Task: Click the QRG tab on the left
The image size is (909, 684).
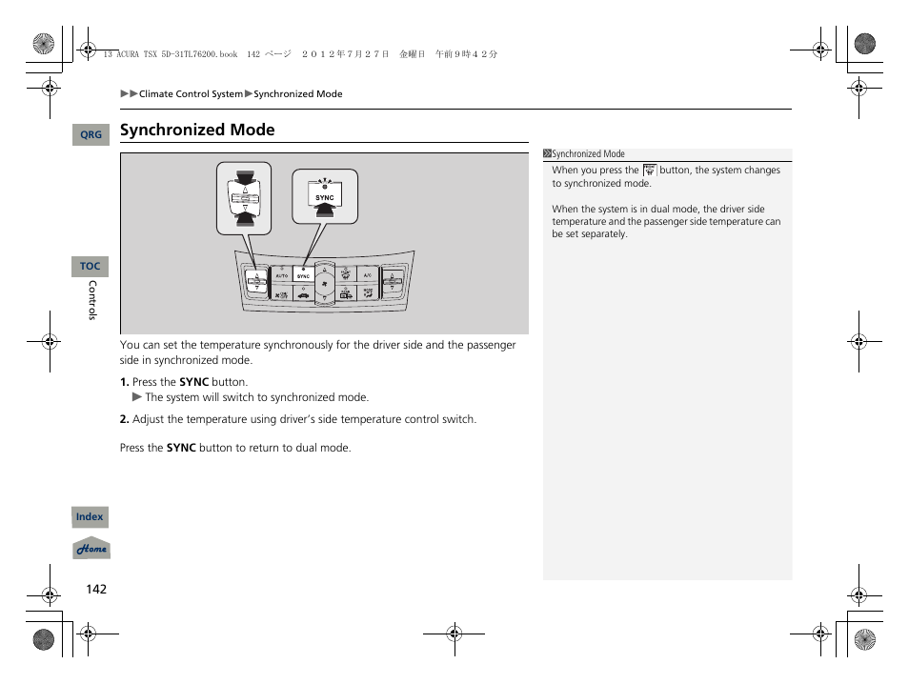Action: click(x=91, y=135)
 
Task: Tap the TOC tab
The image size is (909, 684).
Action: click(x=90, y=267)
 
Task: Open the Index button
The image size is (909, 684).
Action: click(x=90, y=517)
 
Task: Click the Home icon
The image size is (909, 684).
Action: click(x=91, y=550)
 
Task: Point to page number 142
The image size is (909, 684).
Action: click(x=96, y=589)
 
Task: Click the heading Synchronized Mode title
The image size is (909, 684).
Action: click(x=197, y=131)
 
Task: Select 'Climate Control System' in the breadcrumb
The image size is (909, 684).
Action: click(x=191, y=94)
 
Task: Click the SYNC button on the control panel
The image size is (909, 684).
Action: click(x=304, y=276)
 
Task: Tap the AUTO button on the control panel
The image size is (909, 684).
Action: click(x=281, y=276)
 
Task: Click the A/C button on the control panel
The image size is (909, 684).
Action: click(x=367, y=275)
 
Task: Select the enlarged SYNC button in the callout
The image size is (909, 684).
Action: click(x=325, y=198)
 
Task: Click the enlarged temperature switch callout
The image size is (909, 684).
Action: click(x=244, y=198)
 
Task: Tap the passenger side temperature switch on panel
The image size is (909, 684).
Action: click(x=392, y=281)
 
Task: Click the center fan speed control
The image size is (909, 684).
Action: click(x=325, y=284)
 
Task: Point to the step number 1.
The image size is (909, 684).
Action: click(x=124, y=382)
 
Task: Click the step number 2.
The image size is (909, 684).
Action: click(x=124, y=419)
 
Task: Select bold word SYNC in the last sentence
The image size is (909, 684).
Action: click(x=181, y=448)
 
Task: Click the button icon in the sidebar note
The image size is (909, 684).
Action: click(x=650, y=171)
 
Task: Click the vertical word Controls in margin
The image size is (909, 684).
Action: click(x=92, y=300)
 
